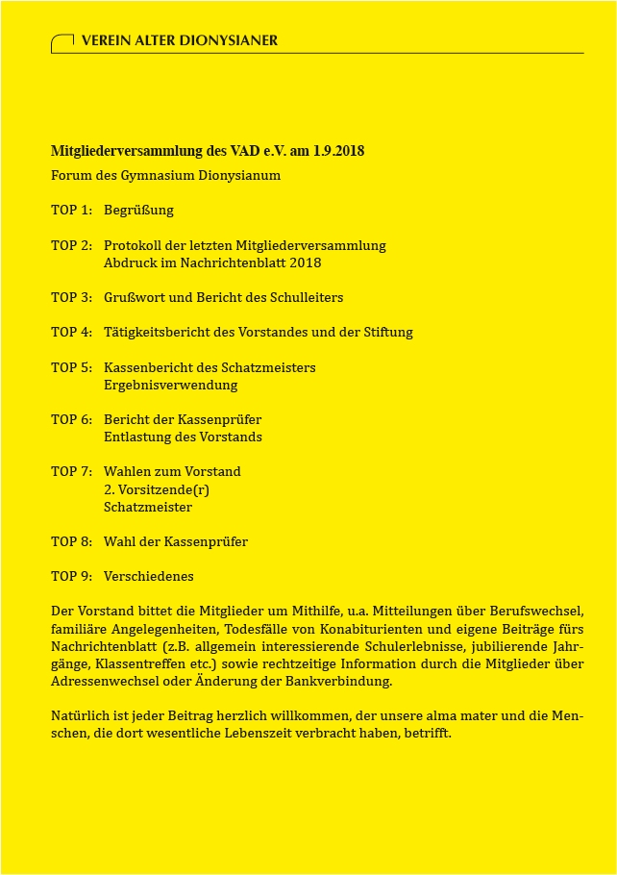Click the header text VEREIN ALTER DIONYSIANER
click(x=180, y=40)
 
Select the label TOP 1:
click(x=71, y=210)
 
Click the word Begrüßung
click(x=138, y=210)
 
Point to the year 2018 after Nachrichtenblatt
click(x=305, y=262)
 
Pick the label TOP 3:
click(x=71, y=297)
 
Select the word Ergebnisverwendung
click(x=170, y=385)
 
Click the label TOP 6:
click(x=71, y=419)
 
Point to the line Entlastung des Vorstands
click(x=183, y=437)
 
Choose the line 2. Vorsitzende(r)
click(x=157, y=489)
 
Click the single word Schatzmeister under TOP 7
click(x=148, y=507)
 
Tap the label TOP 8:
click(x=71, y=541)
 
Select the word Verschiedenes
click(x=149, y=576)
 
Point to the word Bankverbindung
click(x=346, y=681)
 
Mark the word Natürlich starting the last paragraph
click(x=79, y=716)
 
